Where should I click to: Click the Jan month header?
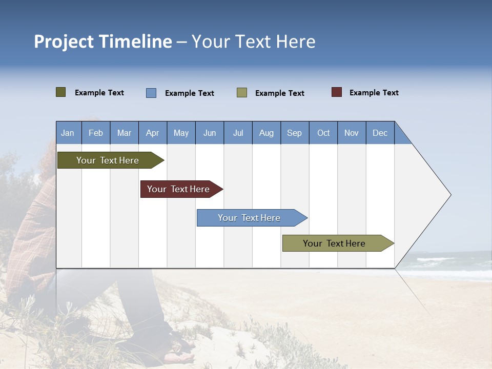coord(68,133)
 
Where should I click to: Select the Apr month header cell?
coord(153,133)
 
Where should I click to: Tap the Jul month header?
coord(238,133)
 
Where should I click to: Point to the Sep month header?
coord(295,133)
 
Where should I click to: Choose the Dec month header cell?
coord(380,133)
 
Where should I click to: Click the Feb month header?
coord(96,133)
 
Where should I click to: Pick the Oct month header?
coord(323,133)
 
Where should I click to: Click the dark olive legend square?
coord(61,92)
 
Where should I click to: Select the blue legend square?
coord(151,93)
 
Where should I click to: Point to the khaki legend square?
coord(242,93)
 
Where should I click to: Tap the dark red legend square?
coord(337,92)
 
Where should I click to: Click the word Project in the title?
coord(64,42)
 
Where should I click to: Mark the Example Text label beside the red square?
coord(374,93)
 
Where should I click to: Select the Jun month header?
coord(210,133)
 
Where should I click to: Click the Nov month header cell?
coord(352,133)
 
